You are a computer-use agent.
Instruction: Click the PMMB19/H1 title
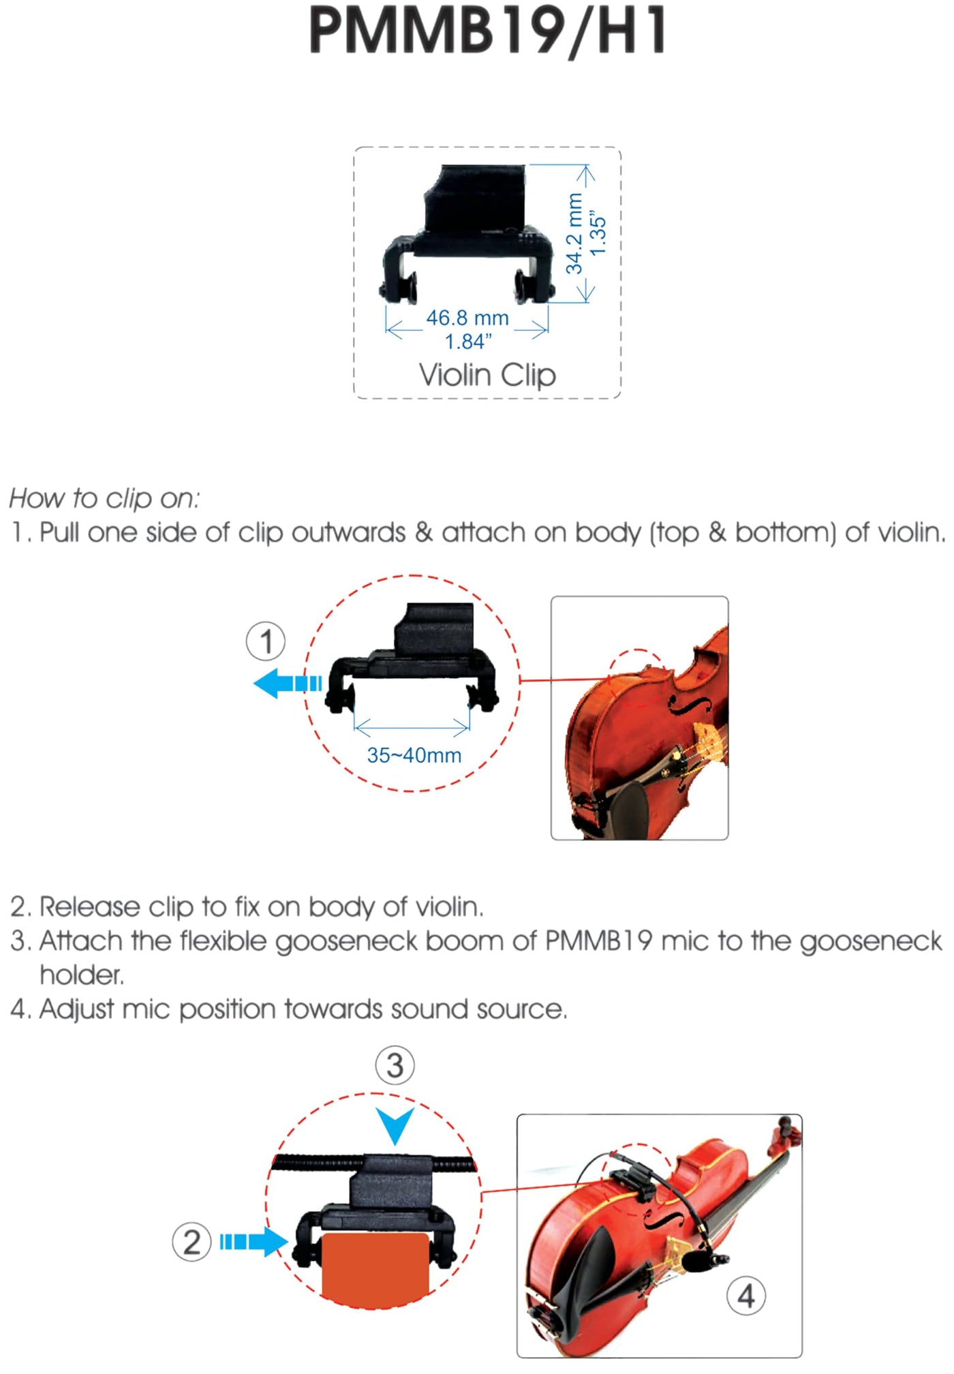488,30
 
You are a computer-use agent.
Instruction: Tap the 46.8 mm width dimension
467,318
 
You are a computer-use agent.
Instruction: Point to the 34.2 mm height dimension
574,233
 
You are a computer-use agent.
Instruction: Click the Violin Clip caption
487,375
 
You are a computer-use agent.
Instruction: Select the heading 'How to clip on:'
104,498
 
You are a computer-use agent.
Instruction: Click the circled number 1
265,641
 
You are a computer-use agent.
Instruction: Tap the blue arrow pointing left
287,683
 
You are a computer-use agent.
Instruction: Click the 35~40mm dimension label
414,755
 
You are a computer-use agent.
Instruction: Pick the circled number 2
191,1241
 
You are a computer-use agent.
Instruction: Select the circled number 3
395,1065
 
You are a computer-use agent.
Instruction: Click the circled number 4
746,1296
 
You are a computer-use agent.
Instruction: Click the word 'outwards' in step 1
348,532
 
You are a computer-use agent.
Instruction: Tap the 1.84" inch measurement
467,341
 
